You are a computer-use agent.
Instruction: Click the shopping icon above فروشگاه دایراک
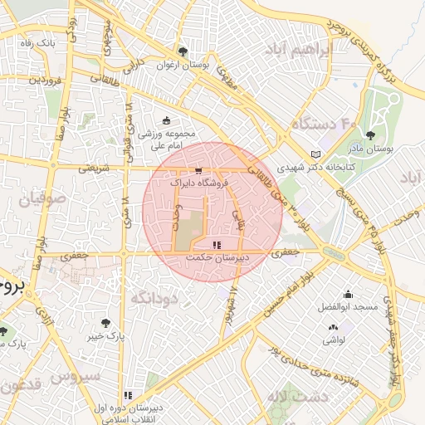tap(198, 167)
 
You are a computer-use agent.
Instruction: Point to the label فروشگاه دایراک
tap(197, 180)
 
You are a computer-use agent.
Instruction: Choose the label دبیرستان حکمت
tap(216, 259)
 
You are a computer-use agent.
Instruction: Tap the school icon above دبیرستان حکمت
tap(217, 245)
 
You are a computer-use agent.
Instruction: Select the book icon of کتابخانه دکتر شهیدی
tap(315, 154)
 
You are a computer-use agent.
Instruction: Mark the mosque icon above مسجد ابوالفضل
tap(347, 294)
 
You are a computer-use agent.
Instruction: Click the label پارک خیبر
tap(106, 338)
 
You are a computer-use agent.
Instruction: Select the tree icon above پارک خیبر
tap(105, 324)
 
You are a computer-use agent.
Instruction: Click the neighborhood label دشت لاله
tap(299, 397)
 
